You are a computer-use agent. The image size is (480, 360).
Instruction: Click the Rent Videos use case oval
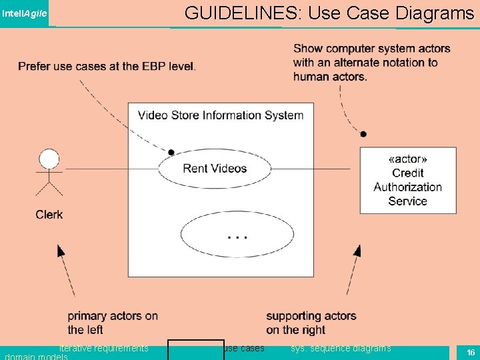[x=215, y=169]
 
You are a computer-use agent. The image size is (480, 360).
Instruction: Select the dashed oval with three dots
[x=237, y=234]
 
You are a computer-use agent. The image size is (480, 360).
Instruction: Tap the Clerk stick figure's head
[x=49, y=159]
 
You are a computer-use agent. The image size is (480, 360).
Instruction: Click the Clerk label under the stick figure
[x=49, y=215]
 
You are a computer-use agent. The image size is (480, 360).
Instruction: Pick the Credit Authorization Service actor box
[x=408, y=181]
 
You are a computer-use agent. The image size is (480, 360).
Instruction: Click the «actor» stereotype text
[x=407, y=159]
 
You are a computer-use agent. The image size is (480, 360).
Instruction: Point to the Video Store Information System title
[x=221, y=115]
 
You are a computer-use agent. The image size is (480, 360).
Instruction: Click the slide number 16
[x=471, y=352]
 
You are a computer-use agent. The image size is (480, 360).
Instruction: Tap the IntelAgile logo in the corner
[x=25, y=13]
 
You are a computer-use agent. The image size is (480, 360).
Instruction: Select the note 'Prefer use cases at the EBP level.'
[x=107, y=66]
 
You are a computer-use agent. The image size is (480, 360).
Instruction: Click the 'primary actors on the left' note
[x=113, y=323]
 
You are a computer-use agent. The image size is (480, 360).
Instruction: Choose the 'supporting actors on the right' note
[x=311, y=323]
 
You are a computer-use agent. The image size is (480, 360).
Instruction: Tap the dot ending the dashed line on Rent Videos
[x=171, y=152]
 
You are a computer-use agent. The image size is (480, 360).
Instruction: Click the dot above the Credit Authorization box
[x=363, y=134]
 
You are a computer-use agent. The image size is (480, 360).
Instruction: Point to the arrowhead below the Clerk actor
[x=60, y=251]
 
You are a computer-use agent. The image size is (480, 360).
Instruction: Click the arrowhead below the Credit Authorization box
[x=357, y=251]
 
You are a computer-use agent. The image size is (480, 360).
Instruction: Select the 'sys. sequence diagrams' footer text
[x=341, y=348]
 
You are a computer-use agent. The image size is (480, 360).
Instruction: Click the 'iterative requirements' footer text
[x=104, y=348]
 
